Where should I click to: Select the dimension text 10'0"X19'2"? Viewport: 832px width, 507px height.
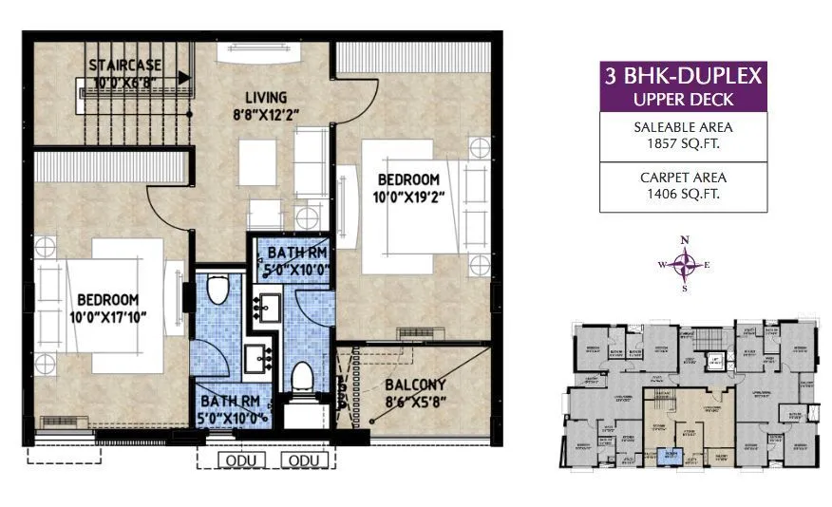[x=408, y=197]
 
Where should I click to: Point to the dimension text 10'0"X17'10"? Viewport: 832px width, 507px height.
[x=108, y=315]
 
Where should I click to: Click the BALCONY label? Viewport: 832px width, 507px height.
[x=414, y=386]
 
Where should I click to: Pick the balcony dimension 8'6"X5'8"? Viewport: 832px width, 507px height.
[x=414, y=404]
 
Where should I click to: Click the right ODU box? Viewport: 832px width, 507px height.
[x=304, y=460]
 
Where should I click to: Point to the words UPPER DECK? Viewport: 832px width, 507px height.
[x=681, y=99]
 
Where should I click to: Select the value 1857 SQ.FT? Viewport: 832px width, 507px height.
[x=681, y=145]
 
